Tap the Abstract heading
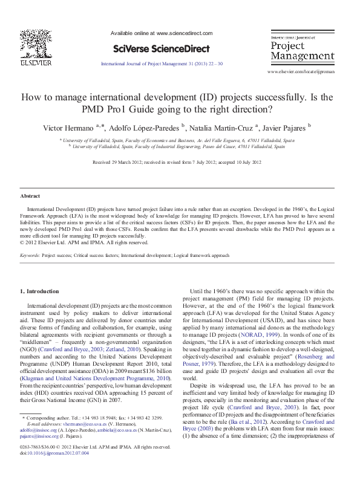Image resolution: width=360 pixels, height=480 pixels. [31, 196]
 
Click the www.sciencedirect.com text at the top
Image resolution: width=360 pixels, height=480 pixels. [184, 34]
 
